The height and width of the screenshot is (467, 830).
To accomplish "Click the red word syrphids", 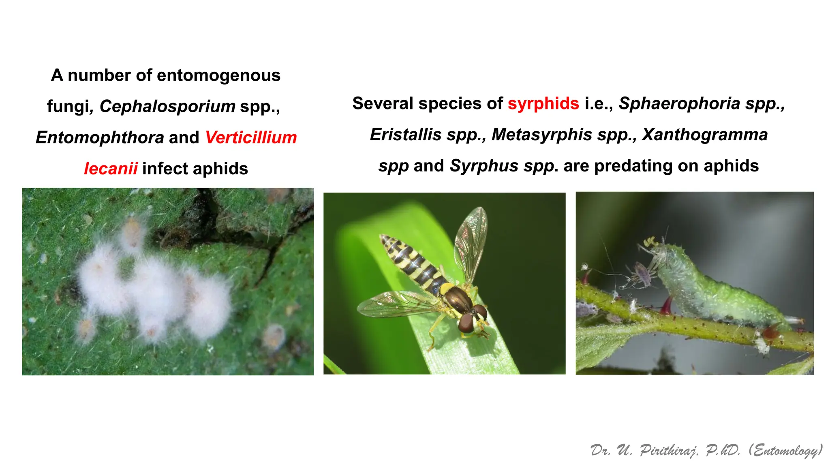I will pos(543,104).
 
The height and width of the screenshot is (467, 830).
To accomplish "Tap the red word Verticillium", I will pos(251,137).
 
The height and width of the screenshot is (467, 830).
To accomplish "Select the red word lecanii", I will pos(111,169).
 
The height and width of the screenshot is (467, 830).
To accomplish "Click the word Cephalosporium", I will pos(167,106).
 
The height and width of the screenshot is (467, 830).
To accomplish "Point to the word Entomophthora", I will pos(100,137).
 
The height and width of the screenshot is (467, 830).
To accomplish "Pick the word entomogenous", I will pos(218,75).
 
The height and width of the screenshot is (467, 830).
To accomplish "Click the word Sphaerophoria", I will pos(680,104).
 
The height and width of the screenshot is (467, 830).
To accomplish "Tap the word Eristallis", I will pos(406,135).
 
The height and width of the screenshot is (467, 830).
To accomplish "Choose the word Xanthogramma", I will pos(705,135).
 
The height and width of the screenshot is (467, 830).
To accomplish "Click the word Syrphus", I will pos(484,166).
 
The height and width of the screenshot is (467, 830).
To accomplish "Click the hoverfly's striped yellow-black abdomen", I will pos(409,259).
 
